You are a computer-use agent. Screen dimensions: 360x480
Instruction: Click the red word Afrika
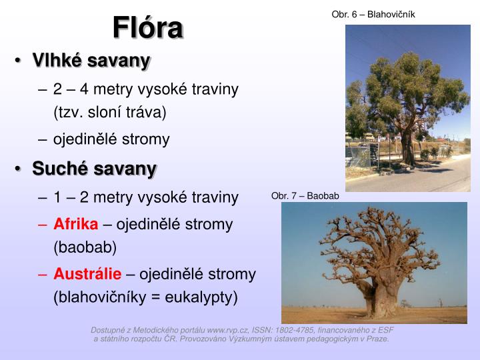click(x=76, y=223)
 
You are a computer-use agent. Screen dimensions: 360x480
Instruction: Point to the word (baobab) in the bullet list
click(x=85, y=247)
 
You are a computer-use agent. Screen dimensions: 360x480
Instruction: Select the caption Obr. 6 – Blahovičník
click(x=373, y=14)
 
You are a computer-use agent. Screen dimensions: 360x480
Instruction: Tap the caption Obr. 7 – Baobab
click(x=305, y=196)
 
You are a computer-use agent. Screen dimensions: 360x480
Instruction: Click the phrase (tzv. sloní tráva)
click(x=109, y=112)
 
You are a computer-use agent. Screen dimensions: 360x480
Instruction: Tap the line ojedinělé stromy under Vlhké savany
click(x=111, y=139)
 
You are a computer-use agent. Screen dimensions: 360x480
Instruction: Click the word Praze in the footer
click(x=376, y=339)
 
